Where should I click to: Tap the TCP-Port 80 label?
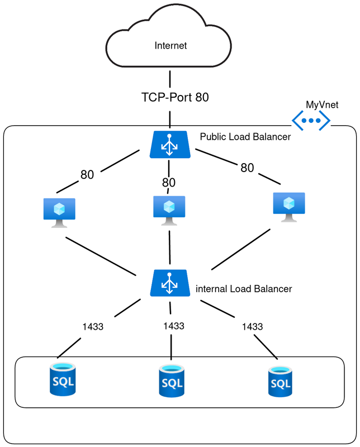[175, 97]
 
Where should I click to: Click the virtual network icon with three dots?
[311, 120]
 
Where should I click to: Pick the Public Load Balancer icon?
[168, 145]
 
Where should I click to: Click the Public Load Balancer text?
[245, 136]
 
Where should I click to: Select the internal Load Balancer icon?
[169, 284]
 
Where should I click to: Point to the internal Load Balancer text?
[244, 289]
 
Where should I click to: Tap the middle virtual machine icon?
[169, 210]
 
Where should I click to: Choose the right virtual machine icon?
[289, 207]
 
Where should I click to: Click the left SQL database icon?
[63, 379]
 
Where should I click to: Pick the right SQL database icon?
[280, 382]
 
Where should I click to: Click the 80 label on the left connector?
[87, 175]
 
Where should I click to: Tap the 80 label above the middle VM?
[169, 183]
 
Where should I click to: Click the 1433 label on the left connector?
[93, 327]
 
